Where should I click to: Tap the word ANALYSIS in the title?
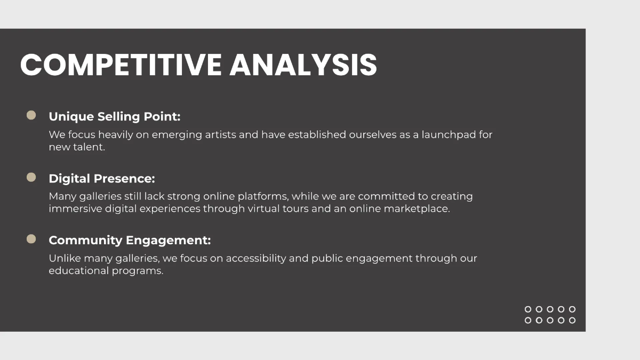click(303, 65)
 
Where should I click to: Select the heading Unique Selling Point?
click(115, 117)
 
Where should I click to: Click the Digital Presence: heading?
click(102, 179)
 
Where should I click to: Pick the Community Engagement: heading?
click(130, 241)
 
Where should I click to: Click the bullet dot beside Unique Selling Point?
click(31, 115)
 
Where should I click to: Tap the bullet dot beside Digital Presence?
click(31, 177)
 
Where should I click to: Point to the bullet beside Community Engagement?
click(31, 239)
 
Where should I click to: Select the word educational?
click(78, 271)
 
